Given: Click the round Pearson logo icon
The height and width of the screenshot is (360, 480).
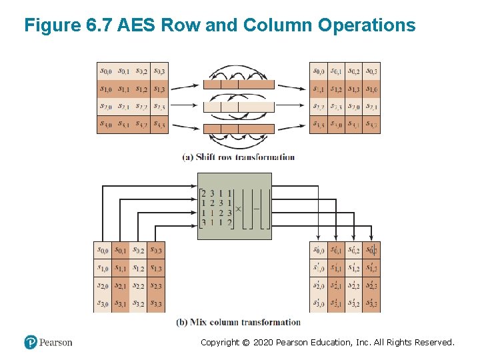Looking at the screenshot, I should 31,342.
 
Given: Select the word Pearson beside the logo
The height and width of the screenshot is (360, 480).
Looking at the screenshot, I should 56,342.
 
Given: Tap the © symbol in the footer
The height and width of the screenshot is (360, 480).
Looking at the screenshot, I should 245,342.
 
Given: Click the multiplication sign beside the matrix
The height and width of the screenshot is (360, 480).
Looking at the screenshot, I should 239,209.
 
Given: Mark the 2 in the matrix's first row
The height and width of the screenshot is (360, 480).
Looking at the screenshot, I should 203,194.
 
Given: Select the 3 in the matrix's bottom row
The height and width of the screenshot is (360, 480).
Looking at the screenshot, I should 203,222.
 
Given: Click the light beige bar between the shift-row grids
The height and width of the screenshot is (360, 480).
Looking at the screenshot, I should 239,107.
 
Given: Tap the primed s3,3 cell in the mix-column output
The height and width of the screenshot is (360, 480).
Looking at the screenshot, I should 372,304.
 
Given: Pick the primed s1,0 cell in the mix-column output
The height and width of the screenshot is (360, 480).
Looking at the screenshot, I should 319,269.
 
